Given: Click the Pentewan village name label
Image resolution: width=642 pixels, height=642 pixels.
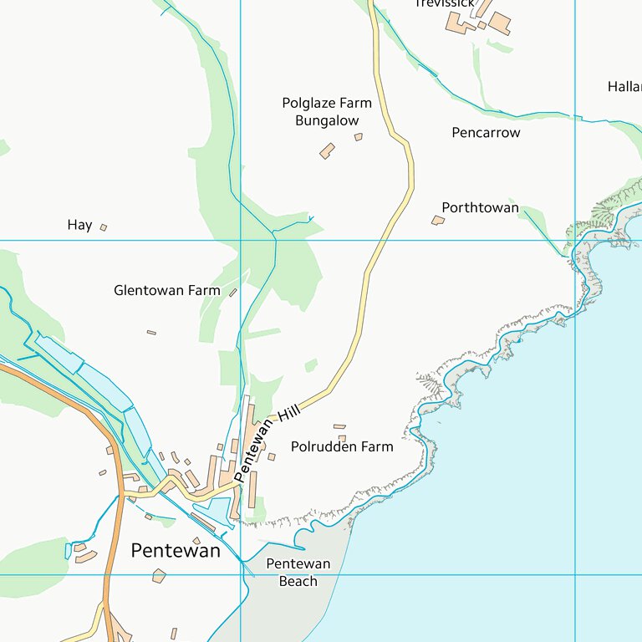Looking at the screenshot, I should (176, 551).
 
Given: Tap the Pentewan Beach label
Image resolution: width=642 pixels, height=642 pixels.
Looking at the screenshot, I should (298, 573).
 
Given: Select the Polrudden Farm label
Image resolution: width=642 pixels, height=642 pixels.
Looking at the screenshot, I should (341, 447).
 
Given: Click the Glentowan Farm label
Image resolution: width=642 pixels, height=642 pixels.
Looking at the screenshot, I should (166, 291).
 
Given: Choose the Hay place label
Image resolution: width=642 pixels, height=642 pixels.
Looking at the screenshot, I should (79, 225).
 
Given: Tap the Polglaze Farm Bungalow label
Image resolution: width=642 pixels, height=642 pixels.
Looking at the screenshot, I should (326, 112).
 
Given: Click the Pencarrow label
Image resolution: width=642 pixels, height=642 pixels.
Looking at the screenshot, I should (486, 133).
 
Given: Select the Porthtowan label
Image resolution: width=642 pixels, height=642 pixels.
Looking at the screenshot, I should (480, 207).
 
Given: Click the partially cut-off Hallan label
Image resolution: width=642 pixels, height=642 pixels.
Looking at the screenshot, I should (624, 87).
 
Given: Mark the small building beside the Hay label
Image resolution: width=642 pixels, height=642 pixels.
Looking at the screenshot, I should (104, 227).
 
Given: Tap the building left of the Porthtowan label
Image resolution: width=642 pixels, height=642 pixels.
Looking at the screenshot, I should (437, 221).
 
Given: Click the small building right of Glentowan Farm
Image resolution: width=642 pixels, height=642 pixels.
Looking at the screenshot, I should (233, 293).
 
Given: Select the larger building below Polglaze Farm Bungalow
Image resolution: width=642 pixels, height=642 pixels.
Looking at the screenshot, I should (327, 150).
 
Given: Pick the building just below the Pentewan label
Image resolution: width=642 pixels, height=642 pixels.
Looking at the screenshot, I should (159, 575).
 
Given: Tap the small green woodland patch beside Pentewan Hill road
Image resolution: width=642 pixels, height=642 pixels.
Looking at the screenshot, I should (311, 365).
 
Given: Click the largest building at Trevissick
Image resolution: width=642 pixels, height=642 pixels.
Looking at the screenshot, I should (499, 23).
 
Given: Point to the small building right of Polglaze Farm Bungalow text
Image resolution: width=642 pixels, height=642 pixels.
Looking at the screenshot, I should (359, 136).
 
